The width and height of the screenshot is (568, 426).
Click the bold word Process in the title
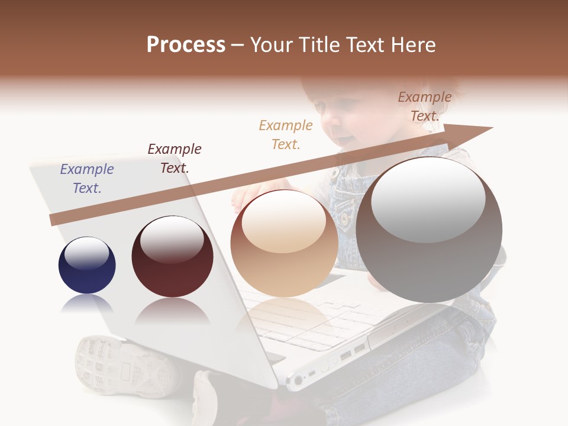pyautogui.click(x=186, y=45)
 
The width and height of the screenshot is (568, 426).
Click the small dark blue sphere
pyautogui.click(x=87, y=265)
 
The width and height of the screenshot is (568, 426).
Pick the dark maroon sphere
pyautogui.click(x=172, y=257)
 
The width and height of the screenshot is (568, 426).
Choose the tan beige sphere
pyautogui.click(x=284, y=244)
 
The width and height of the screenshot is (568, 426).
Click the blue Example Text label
pyautogui.click(x=87, y=179)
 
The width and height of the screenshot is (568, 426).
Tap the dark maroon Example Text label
pyautogui.click(x=175, y=159)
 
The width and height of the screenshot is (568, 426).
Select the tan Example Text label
pyautogui.click(x=286, y=135)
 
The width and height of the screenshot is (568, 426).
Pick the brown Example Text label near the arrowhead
pyautogui.click(x=425, y=106)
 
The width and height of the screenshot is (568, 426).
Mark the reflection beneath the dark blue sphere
pyautogui.click(x=87, y=304)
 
